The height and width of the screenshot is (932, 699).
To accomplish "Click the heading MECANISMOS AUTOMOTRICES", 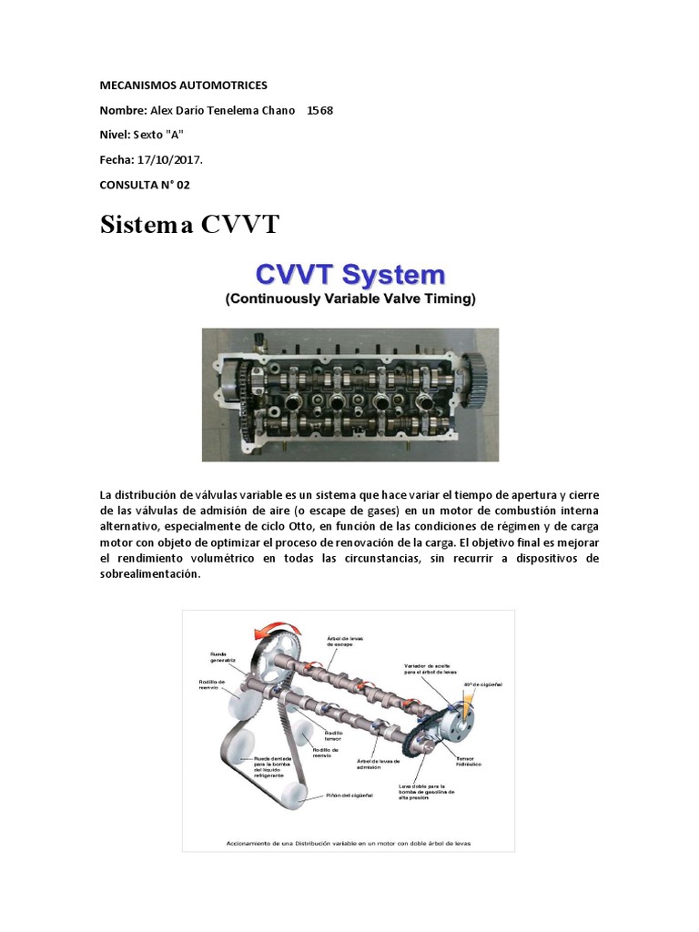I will click(x=183, y=85).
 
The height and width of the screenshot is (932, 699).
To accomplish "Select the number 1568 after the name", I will click(x=319, y=110).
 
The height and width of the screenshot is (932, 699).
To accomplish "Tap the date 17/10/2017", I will click(x=170, y=159).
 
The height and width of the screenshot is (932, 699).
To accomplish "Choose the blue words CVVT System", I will click(x=349, y=274).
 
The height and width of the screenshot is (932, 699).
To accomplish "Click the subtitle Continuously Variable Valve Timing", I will click(x=349, y=298).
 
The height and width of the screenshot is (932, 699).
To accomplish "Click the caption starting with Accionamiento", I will click(x=349, y=842).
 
